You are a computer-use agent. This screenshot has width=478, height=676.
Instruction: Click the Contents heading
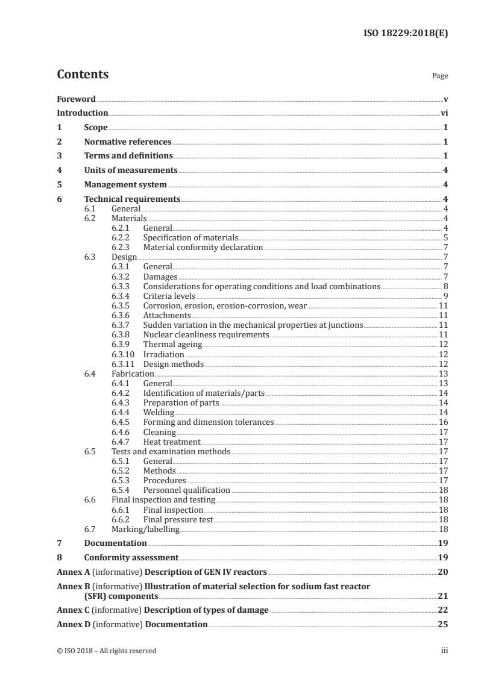[83, 75]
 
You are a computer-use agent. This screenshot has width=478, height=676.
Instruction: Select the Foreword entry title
[76, 99]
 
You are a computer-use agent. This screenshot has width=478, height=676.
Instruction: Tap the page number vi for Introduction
[444, 113]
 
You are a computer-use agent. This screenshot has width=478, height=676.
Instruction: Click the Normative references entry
[128, 142]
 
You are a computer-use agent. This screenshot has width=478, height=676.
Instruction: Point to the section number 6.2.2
[122, 237]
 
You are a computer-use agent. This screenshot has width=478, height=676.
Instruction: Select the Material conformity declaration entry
[203, 247]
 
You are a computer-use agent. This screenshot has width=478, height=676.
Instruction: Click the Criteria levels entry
[169, 296]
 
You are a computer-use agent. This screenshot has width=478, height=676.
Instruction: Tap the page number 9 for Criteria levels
[445, 296]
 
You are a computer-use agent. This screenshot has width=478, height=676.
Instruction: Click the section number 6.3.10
[124, 354]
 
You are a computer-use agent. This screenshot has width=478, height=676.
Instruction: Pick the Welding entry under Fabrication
[159, 412]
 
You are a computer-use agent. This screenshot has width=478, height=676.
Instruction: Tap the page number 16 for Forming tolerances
[443, 422]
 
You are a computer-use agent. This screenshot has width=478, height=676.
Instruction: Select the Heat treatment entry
[171, 442]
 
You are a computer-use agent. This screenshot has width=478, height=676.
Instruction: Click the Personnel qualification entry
[186, 490]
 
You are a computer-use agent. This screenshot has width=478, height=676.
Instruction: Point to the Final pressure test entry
[178, 519]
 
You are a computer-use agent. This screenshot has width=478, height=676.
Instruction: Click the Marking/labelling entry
[145, 529]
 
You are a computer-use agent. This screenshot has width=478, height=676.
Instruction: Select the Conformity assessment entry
[131, 557]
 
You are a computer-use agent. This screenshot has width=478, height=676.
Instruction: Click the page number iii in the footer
[444, 651]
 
